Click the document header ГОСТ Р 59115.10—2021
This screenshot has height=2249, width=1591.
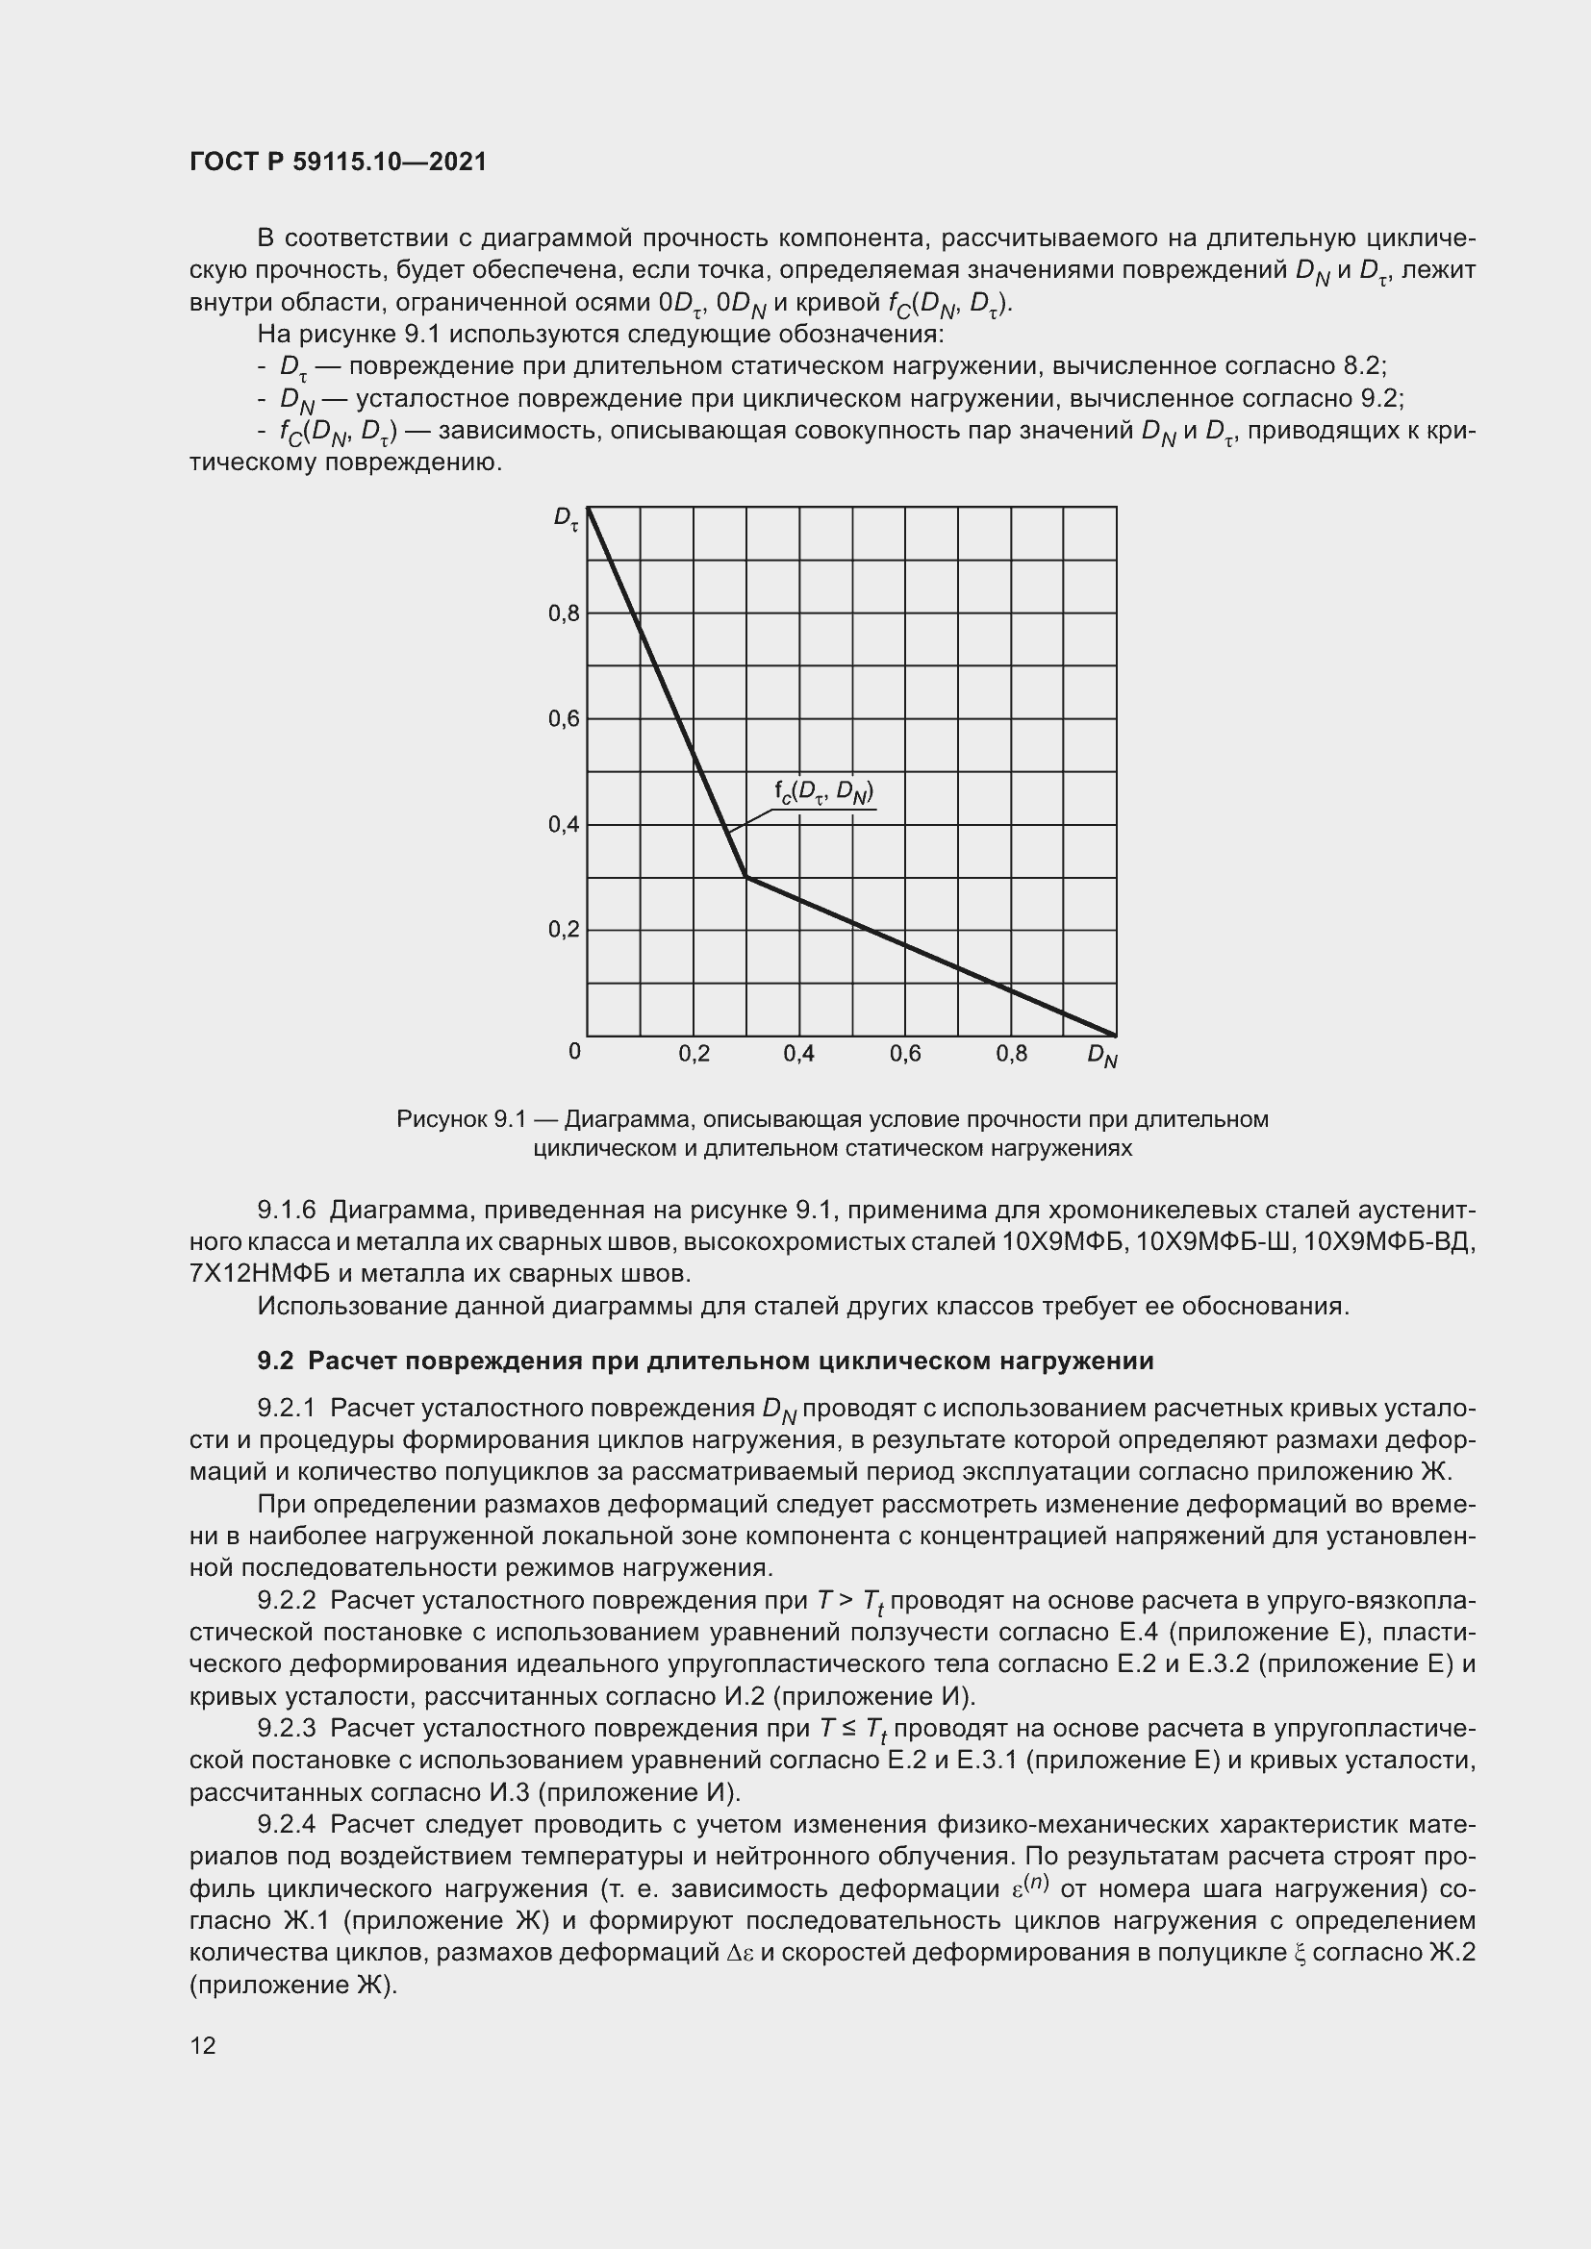coord(338,162)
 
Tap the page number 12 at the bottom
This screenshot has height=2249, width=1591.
coord(203,2045)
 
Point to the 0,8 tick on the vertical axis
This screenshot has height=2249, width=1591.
coord(565,614)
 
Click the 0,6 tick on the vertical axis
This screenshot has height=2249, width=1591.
coord(565,719)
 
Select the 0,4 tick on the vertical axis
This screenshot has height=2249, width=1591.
coord(565,825)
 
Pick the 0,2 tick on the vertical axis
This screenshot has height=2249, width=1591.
coord(565,929)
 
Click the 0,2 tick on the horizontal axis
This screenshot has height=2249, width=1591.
coord(694,1054)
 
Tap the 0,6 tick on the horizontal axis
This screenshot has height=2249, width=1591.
coord(905,1054)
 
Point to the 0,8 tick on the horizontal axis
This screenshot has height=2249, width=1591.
coord(1011,1054)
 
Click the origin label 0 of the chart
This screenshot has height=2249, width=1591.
coord(574,1051)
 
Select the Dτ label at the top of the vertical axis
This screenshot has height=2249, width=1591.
coord(566,518)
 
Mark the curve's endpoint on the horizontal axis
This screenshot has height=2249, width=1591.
coord(1115,1035)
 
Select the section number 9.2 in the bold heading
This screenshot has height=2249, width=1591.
coord(275,1361)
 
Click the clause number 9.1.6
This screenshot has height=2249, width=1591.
coord(286,1211)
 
